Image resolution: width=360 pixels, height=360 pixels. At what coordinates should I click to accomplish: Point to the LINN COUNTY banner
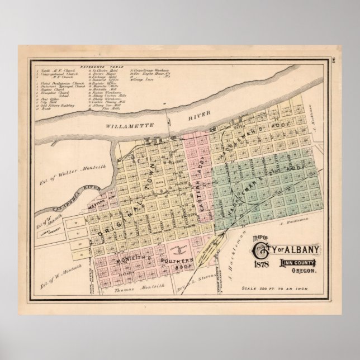(x=298, y=248)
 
